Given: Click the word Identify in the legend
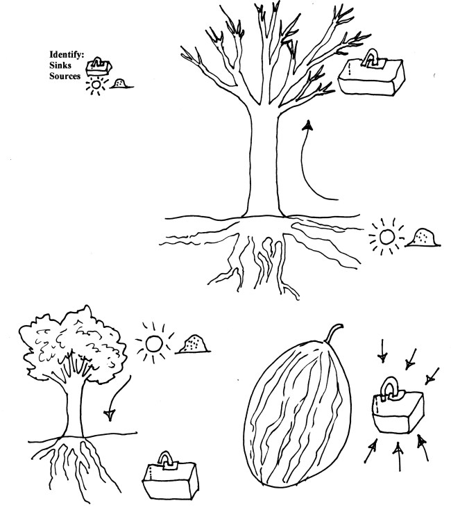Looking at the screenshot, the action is (67, 54).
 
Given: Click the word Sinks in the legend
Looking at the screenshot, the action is (60, 65).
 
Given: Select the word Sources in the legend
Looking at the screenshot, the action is (65, 76).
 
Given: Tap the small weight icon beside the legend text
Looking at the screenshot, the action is (99, 67).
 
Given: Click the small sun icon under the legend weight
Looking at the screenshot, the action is (96, 85).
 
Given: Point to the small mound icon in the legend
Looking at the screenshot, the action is (121, 83).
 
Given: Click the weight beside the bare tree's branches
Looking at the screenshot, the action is (372, 73).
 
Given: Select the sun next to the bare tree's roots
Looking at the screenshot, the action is (386, 237).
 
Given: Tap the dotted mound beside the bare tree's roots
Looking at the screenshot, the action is (423, 238).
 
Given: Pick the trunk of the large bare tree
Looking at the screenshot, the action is (264, 162).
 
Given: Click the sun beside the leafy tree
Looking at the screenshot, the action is (154, 343).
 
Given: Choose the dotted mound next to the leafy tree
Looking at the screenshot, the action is (193, 344).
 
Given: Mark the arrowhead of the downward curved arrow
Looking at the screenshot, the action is (110, 415).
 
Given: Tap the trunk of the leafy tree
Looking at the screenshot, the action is (74, 411).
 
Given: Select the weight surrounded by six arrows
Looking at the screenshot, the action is (398, 406).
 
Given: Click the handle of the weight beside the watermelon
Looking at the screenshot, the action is (389, 386).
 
